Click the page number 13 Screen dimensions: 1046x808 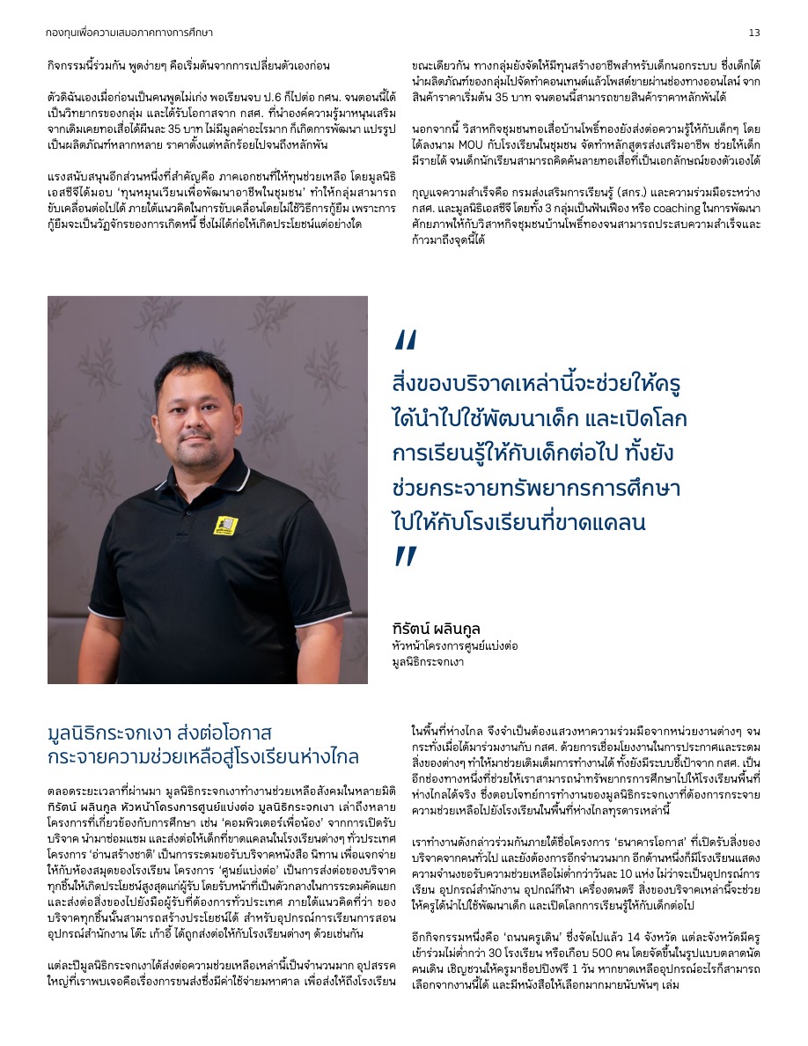coord(754,33)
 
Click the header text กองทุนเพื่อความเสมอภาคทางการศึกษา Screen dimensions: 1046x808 coord(129,33)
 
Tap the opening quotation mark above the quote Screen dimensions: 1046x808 coord(406,341)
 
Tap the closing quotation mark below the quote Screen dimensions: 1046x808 coord(406,556)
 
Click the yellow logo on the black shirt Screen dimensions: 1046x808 coord(226,526)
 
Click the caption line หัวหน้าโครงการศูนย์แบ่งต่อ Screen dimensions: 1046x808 coord(455,645)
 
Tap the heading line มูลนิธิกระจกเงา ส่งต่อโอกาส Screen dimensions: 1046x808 coord(160,733)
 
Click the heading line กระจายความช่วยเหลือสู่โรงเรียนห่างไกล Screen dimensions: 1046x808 coord(203,756)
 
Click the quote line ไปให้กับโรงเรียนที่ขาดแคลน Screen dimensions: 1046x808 coord(518,522)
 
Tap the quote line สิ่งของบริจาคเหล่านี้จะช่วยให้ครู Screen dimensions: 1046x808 coord(538,385)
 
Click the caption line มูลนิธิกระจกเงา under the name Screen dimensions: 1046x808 coord(428,659)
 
